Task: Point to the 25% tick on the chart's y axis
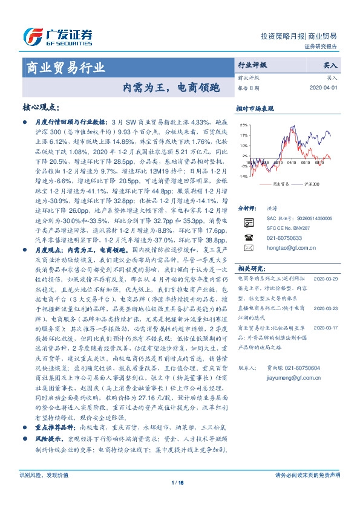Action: [243, 125]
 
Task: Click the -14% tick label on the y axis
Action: [243, 176]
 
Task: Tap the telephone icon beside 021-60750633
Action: [246, 238]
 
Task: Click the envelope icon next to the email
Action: [246, 247]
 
